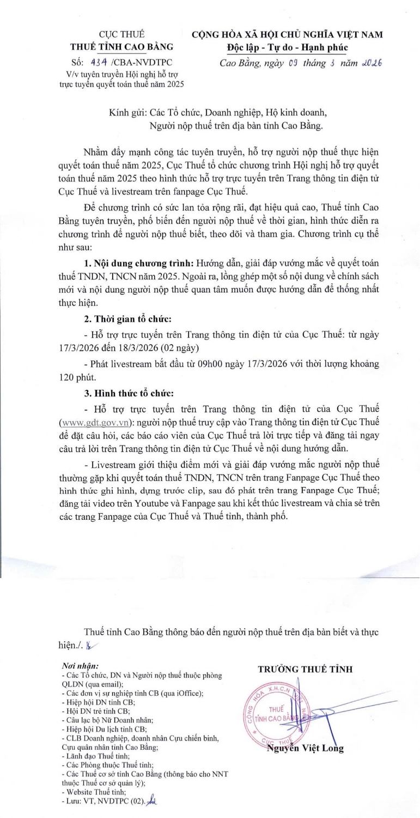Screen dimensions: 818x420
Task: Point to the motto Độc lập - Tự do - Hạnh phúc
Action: (x=287, y=47)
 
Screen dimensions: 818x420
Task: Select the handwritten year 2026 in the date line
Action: (x=372, y=63)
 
